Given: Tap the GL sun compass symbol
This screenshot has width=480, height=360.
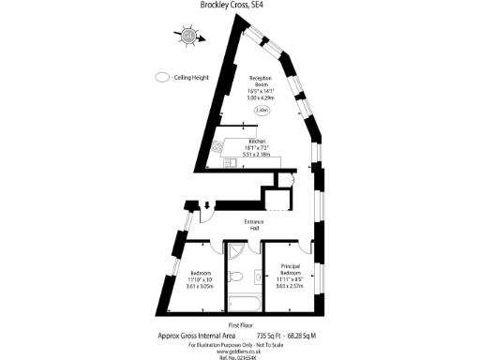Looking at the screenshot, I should pyautogui.click(x=188, y=37).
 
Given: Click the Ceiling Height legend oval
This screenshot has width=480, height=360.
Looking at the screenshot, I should pyautogui.click(x=162, y=79).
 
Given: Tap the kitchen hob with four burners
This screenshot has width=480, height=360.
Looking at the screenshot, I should pyautogui.click(x=217, y=147).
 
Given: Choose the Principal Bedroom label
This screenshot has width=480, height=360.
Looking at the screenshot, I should pyautogui.click(x=290, y=272).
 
